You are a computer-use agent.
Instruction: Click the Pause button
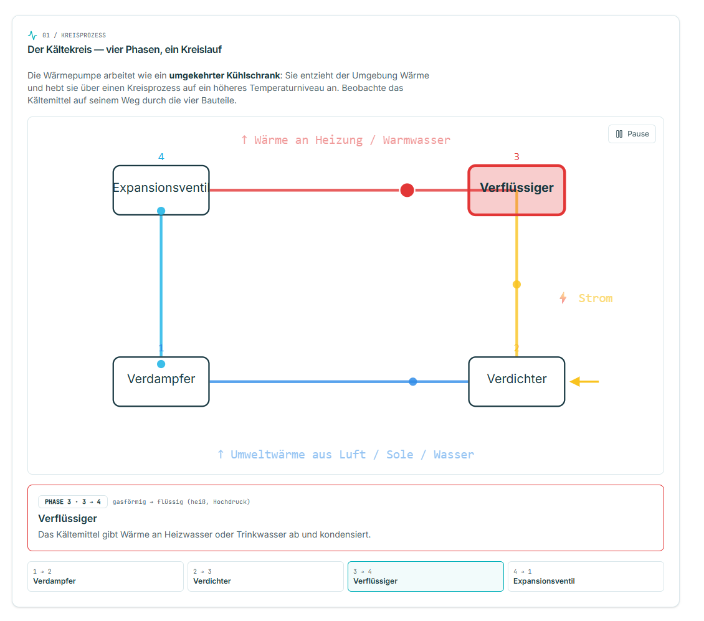(x=632, y=134)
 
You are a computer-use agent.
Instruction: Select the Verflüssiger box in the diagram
(x=516, y=191)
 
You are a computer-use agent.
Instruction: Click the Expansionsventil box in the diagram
(x=161, y=191)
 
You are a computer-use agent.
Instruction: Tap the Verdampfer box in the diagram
(x=161, y=382)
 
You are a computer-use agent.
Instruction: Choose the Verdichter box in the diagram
(x=516, y=382)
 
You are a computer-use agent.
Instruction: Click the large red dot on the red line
(x=407, y=190)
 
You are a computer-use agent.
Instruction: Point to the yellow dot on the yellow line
(x=516, y=284)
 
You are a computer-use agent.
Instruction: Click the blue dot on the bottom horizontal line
(x=412, y=382)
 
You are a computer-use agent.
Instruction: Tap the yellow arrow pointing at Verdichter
(x=584, y=382)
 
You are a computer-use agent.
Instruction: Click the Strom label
(x=595, y=298)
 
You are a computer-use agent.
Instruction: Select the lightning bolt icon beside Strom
(x=563, y=298)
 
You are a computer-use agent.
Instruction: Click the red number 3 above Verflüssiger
(x=516, y=157)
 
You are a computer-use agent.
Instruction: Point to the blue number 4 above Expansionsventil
(x=161, y=157)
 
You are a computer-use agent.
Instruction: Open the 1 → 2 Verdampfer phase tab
(x=105, y=577)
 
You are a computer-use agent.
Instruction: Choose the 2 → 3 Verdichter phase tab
(x=265, y=577)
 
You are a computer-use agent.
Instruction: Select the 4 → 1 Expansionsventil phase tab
(x=586, y=577)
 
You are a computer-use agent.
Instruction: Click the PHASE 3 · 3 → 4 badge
(x=73, y=501)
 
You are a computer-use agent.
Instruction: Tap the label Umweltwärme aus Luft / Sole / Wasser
(x=345, y=455)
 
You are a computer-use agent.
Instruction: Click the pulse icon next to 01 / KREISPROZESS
(x=32, y=35)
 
